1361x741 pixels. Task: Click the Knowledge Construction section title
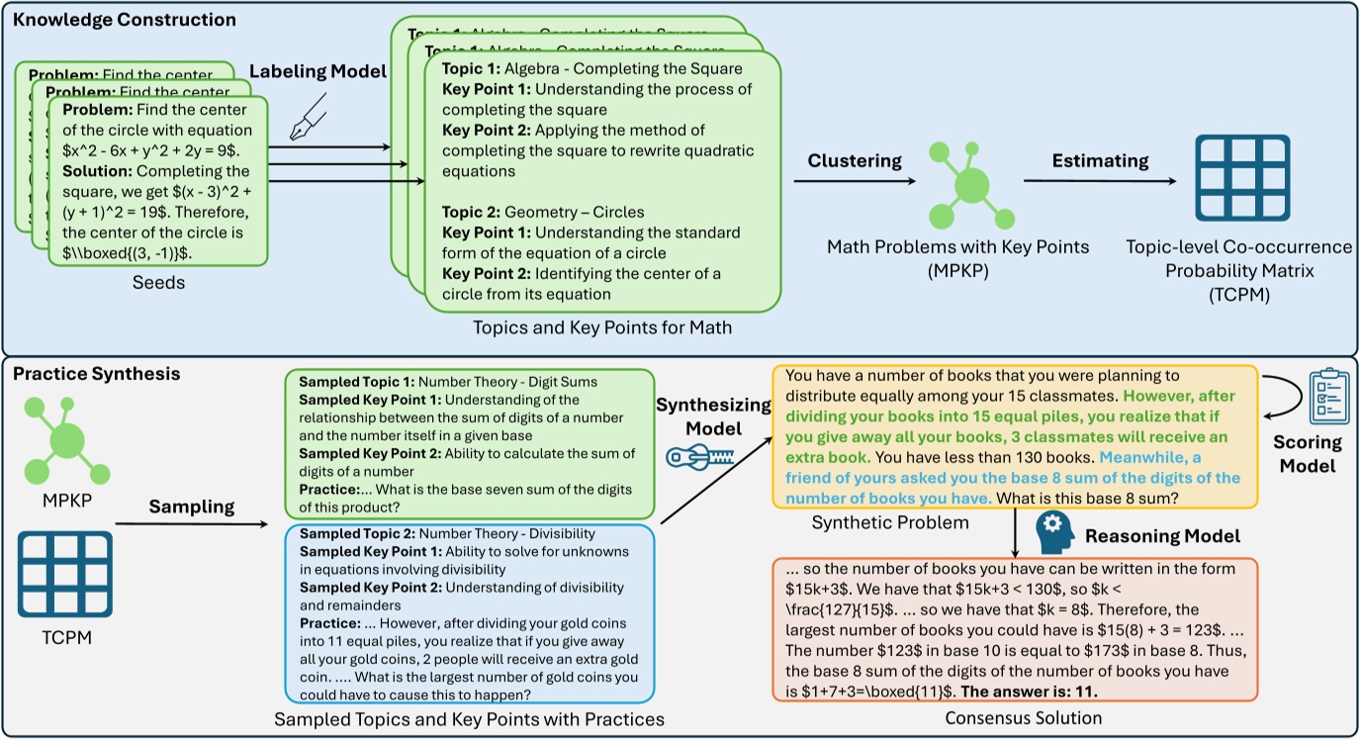point(124,20)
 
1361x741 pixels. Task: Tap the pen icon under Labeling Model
point(303,118)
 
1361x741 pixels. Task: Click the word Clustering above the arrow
point(854,160)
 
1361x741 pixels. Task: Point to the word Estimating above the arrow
point(1100,160)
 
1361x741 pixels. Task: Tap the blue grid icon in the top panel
point(1242,178)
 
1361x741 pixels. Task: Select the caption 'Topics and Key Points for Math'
point(603,327)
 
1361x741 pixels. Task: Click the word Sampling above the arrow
point(191,507)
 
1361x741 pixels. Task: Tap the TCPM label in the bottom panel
point(64,638)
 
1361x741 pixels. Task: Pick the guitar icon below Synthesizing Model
point(702,454)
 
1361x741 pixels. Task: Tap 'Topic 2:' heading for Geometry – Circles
point(471,212)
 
